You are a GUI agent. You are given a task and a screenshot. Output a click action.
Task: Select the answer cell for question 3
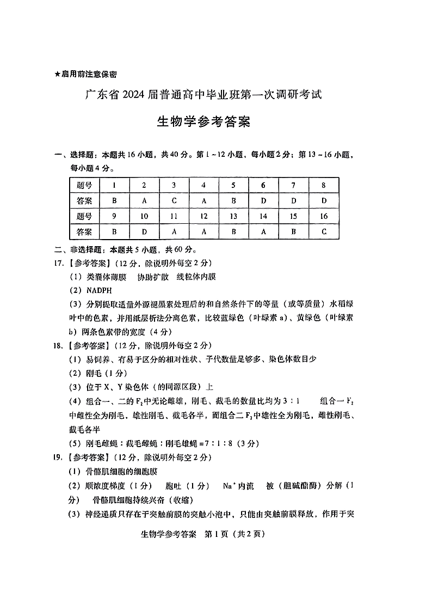pyautogui.click(x=174, y=200)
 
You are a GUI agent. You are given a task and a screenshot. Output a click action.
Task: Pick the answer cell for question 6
pyautogui.click(x=263, y=200)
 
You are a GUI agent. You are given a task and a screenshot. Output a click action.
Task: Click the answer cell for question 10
pyautogui.click(x=144, y=231)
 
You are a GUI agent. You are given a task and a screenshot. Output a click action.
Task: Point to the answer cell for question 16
pyautogui.click(x=324, y=231)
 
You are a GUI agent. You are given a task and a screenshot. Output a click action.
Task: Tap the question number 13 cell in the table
pyautogui.click(x=233, y=216)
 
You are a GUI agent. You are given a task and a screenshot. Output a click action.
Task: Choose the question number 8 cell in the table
pyautogui.click(x=324, y=185)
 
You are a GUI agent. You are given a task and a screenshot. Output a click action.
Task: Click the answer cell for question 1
pyautogui.click(x=114, y=200)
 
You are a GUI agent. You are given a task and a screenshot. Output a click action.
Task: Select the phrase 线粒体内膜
pyautogui.click(x=196, y=277)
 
